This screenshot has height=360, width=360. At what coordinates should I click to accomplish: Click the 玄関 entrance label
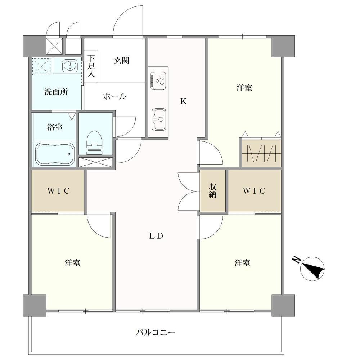(x=121, y=60)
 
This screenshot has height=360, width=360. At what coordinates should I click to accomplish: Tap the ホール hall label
(x=114, y=96)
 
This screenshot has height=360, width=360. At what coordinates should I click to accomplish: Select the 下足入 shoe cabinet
(x=91, y=66)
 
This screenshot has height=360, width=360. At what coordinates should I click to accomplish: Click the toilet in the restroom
(x=94, y=143)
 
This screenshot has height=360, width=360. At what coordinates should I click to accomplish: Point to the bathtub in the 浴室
(x=55, y=154)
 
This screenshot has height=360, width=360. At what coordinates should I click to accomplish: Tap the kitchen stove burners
(x=158, y=80)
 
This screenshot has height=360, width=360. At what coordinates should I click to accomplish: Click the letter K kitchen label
(x=183, y=101)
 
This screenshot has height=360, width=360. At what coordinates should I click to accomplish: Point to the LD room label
(x=156, y=236)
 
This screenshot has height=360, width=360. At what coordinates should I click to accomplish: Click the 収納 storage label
(x=213, y=191)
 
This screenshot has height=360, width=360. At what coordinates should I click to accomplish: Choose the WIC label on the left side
(x=59, y=191)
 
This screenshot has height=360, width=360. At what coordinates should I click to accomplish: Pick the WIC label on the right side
(x=254, y=191)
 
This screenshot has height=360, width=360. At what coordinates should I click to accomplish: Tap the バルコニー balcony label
(x=156, y=332)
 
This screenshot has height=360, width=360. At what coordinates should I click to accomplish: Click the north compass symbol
(x=312, y=269)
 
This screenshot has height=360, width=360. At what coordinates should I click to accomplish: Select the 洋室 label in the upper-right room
(x=244, y=88)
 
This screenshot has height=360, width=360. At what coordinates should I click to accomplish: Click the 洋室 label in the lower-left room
(x=73, y=263)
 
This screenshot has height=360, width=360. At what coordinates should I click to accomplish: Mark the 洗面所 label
(x=56, y=92)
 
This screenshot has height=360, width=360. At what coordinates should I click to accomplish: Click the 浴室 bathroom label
(x=55, y=127)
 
